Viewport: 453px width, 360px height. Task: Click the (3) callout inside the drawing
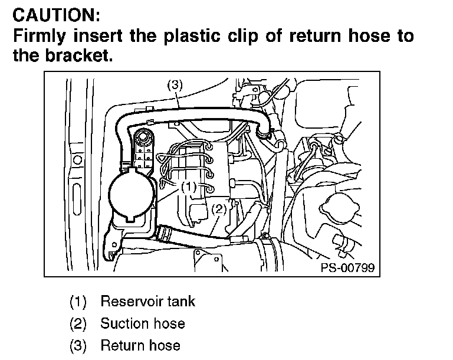pyautogui.click(x=175, y=85)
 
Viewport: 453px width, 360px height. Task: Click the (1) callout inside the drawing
pyautogui.click(x=188, y=186)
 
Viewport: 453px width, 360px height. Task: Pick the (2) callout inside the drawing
pyautogui.click(x=219, y=209)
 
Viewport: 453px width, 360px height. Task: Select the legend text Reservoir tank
pyautogui.click(x=147, y=302)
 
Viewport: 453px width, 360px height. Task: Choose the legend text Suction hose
pyautogui.click(x=142, y=323)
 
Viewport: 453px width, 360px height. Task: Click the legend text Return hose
pyautogui.click(x=140, y=345)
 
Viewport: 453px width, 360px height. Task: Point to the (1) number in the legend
pyautogui.click(x=78, y=302)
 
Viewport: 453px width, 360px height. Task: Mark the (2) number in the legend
pyautogui.click(x=78, y=323)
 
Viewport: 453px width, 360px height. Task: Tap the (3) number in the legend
pyautogui.click(x=78, y=345)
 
